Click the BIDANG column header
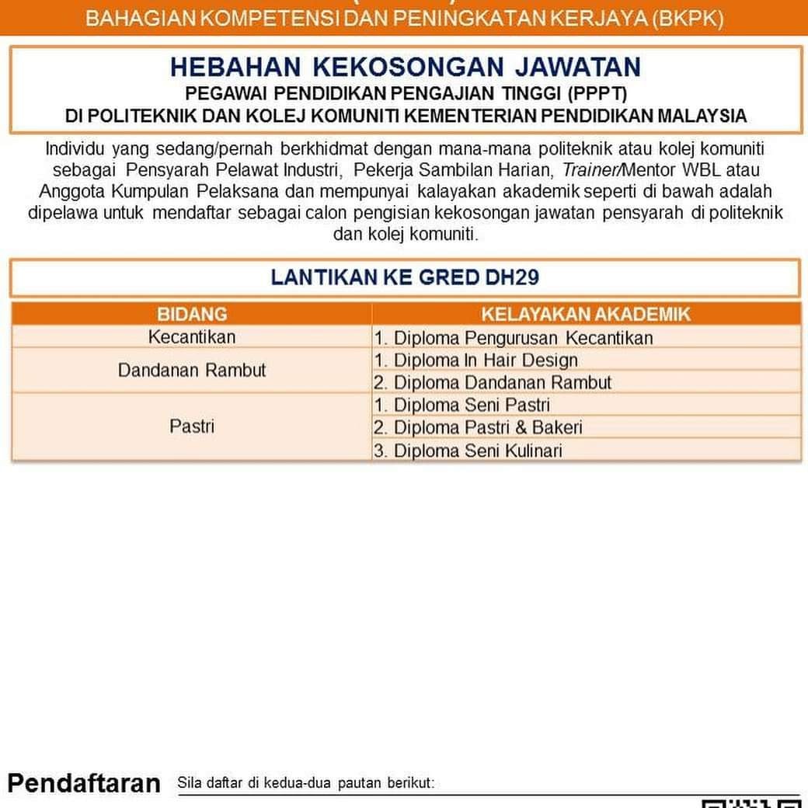[192, 314]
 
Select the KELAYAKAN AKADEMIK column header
[586, 314]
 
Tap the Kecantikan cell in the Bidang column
[192, 337]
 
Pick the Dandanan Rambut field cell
[192, 370]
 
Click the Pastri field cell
[192, 427]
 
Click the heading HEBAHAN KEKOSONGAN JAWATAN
[405, 67]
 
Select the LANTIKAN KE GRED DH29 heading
[405, 277]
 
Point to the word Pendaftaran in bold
[84, 783]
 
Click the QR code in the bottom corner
[751, 803]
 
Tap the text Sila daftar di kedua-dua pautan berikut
[306, 782]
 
